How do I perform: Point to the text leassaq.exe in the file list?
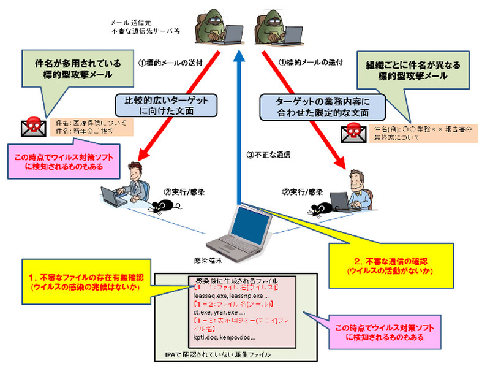point(206,295)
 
